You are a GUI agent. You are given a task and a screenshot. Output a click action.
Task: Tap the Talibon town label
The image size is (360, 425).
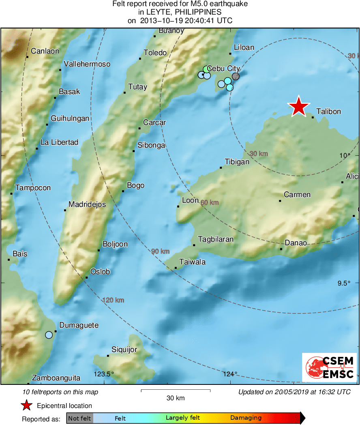point(328,111)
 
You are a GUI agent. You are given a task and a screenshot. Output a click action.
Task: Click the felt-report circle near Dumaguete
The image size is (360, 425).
point(49,335)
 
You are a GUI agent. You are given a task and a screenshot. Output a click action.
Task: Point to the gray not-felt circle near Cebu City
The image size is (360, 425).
point(236,76)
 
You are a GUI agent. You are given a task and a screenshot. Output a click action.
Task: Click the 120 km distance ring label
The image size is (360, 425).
point(113,300)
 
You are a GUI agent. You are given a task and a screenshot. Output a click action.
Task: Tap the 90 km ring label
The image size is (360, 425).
point(160,251)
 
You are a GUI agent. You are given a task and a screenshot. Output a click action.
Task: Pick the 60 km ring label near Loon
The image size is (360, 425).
point(209,202)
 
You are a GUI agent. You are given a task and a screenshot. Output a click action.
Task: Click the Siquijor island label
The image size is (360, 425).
point(124,350)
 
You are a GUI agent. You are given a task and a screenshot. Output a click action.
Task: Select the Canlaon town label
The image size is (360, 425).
point(45,51)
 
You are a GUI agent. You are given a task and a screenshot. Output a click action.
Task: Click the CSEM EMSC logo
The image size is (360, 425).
point(329,367)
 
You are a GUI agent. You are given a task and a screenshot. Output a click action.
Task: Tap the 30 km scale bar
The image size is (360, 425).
point(176,391)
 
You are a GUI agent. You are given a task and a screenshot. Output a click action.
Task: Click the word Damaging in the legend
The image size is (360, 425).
point(246,418)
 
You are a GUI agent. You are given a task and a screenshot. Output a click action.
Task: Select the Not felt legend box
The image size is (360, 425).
point(79,418)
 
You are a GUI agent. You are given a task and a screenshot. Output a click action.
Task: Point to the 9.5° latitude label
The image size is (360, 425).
point(346,283)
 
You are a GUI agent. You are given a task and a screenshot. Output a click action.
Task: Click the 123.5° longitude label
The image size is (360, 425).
point(104,374)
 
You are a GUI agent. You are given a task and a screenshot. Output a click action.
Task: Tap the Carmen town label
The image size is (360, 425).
point(297,195)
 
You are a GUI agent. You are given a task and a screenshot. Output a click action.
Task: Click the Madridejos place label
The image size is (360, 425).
point(87,204)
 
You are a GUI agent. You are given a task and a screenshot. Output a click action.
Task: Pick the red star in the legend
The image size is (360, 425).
point(27,405)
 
